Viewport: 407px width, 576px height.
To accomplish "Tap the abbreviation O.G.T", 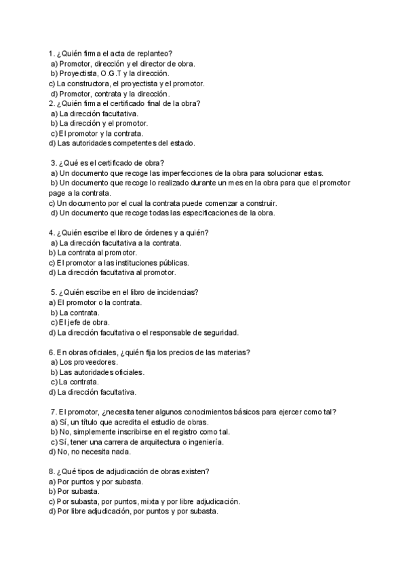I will pyautogui.click(x=111, y=73).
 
